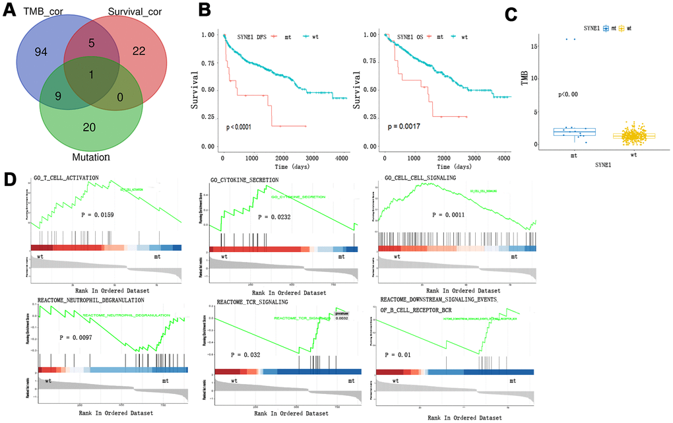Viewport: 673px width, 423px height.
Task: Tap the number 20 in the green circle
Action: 89,127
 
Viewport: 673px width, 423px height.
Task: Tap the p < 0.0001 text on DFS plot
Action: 248,126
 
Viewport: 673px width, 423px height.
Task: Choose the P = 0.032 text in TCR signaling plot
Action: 243,355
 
